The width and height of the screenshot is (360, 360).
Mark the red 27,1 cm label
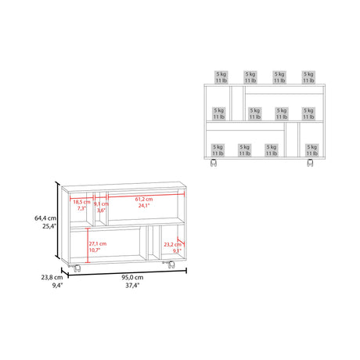97,244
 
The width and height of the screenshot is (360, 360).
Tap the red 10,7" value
97,252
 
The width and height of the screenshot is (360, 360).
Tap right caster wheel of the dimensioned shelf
170,270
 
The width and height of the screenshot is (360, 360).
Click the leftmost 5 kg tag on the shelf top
221,76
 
